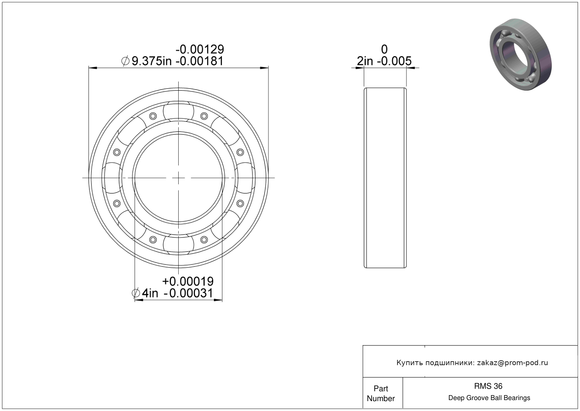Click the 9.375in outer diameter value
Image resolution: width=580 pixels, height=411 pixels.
[x=152, y=61]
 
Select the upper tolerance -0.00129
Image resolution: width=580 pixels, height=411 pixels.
[x=200, y=49]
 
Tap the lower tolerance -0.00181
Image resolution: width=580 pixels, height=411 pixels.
[x=199, y=61]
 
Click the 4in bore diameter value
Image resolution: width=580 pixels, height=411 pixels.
[x=150, y=293]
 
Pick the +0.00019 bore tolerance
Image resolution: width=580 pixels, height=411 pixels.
[x=188, y=281]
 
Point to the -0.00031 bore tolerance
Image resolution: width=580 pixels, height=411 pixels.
[x=189, y=293]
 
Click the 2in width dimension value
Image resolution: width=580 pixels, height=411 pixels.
[x=365, y=61]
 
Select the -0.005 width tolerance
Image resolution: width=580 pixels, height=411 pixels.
[x=394, y=61]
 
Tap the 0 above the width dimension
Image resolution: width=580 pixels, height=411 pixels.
[x=384, y=49]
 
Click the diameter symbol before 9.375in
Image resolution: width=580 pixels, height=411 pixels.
[x=125, y=61]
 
